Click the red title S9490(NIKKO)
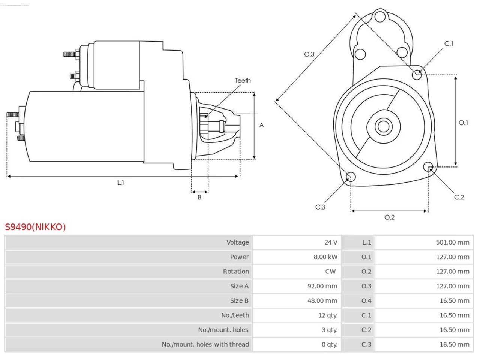(x=35, y=227)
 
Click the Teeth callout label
(x=243, y=80)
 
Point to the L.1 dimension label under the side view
(x=121, y=183)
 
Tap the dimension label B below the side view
(x=199, y=197)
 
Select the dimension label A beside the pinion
(x=261, y=125)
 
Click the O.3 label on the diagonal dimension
(x=309, y=54)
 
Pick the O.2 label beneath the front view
(x=390, y=217)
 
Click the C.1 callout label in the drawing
(x=449, y=44)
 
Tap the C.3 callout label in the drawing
(x=320, y=207)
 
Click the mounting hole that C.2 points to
(x=428, y=167)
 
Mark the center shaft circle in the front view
(x=383, y=126)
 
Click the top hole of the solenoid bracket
(x=380, y=16)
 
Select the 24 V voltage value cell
(x=331, y=242)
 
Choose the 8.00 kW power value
(x=325, y=257)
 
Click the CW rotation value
(x=330, y=271)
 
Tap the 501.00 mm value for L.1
(x=453, y=242)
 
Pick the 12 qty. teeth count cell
(x=328, y=315)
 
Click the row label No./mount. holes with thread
(x=205, y=344)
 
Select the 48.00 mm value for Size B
(x=322, y=300)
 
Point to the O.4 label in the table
(x=366, y=300)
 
